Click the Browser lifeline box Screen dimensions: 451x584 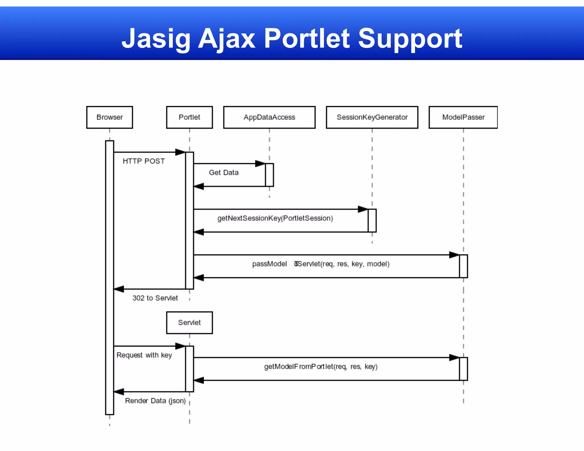pyautogui.click(x=109, y=117)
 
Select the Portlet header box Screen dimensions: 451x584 pyautogui.click(x=189, y=117)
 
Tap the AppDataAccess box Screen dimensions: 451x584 pyautogui.click(x=269, y=117)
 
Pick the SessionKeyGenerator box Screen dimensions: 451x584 pyautogui.click(x=372, y=117)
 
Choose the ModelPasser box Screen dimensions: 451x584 pyautogui.click(x=463, y=117)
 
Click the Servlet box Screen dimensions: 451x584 pyautogui.click(x=189, y=322)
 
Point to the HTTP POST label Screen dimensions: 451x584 pyautogui.click(x=144, y=161)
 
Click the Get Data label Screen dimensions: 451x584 pyautogui.click(x=224, y=172)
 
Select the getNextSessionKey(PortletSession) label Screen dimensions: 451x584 pyautogui.click(x=275, y=218)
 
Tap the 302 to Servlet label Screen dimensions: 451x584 pyautogui.click(x=155, y=298)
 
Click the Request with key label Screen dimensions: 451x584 pyautogui.click(x=144, y=355)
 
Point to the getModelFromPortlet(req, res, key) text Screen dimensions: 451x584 pyautogui.click(x=321, y=366)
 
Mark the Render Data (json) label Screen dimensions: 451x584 pyautogui.click(x=155, y=401)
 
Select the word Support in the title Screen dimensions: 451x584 pyautogui.click(x=410, y=38)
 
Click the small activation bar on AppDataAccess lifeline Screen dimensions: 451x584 pyautogui.click(x=269, y=175)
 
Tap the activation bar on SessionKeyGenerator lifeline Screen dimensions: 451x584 pyautogui.click(x=372, y=220)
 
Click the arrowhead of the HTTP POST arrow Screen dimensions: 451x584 pyautogui.click(x=180, y=152)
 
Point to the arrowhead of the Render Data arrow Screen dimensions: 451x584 pyautogui.click(x=119, y=391)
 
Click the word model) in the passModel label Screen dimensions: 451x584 pyautogui.click(x=378, y=264)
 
